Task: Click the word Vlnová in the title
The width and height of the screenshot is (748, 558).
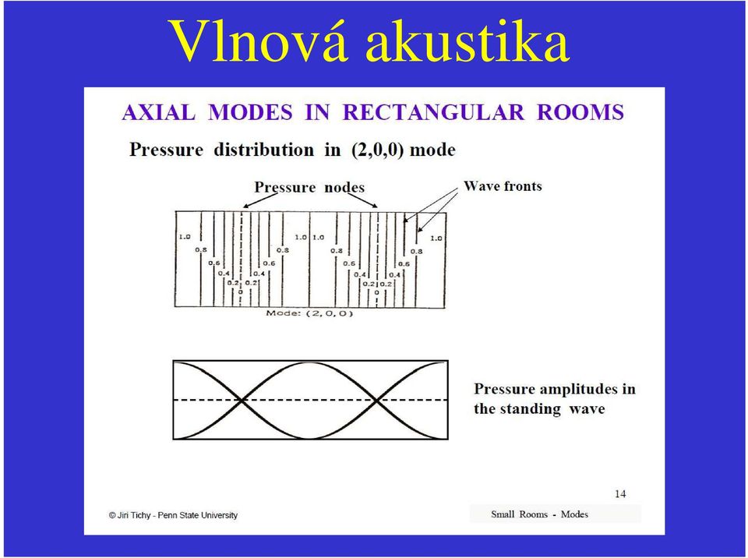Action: click(258, 41)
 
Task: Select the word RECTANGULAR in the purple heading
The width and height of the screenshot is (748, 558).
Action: click(433, 113)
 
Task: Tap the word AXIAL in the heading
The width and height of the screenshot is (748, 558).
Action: click(159, 113)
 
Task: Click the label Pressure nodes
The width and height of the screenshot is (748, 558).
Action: click(309, 187)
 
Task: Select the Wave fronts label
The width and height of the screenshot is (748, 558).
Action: click(503, 185)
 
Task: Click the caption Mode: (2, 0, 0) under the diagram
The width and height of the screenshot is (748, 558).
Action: click(309, 313)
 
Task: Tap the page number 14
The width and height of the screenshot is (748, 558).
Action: click(620, 494)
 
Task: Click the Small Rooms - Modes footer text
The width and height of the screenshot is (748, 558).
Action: click(539, 514)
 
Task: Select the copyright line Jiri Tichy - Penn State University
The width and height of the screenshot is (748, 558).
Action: click(173, 515)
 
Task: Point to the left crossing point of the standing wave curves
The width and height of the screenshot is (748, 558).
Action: click(242, 400)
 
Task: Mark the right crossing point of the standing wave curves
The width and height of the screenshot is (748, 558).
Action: click(377, 400)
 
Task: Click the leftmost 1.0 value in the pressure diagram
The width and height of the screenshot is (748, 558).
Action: click(185, 237)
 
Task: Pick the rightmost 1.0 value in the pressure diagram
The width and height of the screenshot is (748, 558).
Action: click(436, 238)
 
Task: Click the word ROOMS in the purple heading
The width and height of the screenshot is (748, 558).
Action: click(580, 113)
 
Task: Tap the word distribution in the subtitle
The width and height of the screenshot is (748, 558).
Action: click(264, 150)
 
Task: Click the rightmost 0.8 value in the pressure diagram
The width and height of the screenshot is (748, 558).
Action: click(416, 251)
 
